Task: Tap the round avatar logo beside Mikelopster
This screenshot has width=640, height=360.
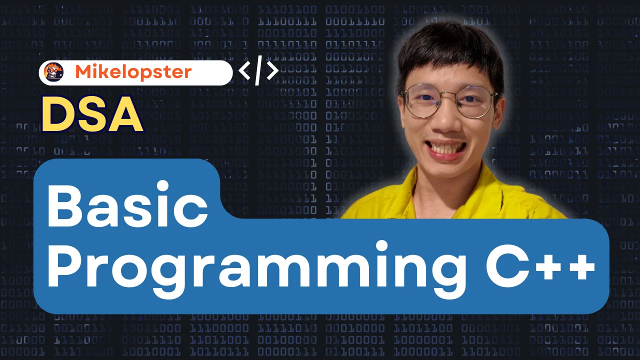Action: pyautogui.click(x=53, y=72)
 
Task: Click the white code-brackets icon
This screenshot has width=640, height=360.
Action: pyautogui.click(x=258, y=70)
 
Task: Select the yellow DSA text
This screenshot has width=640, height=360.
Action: pyautogui.click(x=92, y=114)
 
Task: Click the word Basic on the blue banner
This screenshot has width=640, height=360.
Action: pyautogui.click(x=127, y=203)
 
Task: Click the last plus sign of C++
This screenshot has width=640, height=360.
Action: pyautogui.click(x=580, y=267)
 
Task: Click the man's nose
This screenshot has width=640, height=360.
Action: pyautogui.click(x=447, y=118)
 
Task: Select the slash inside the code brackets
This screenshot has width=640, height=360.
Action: pyautogui.click(x=258, y=70)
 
